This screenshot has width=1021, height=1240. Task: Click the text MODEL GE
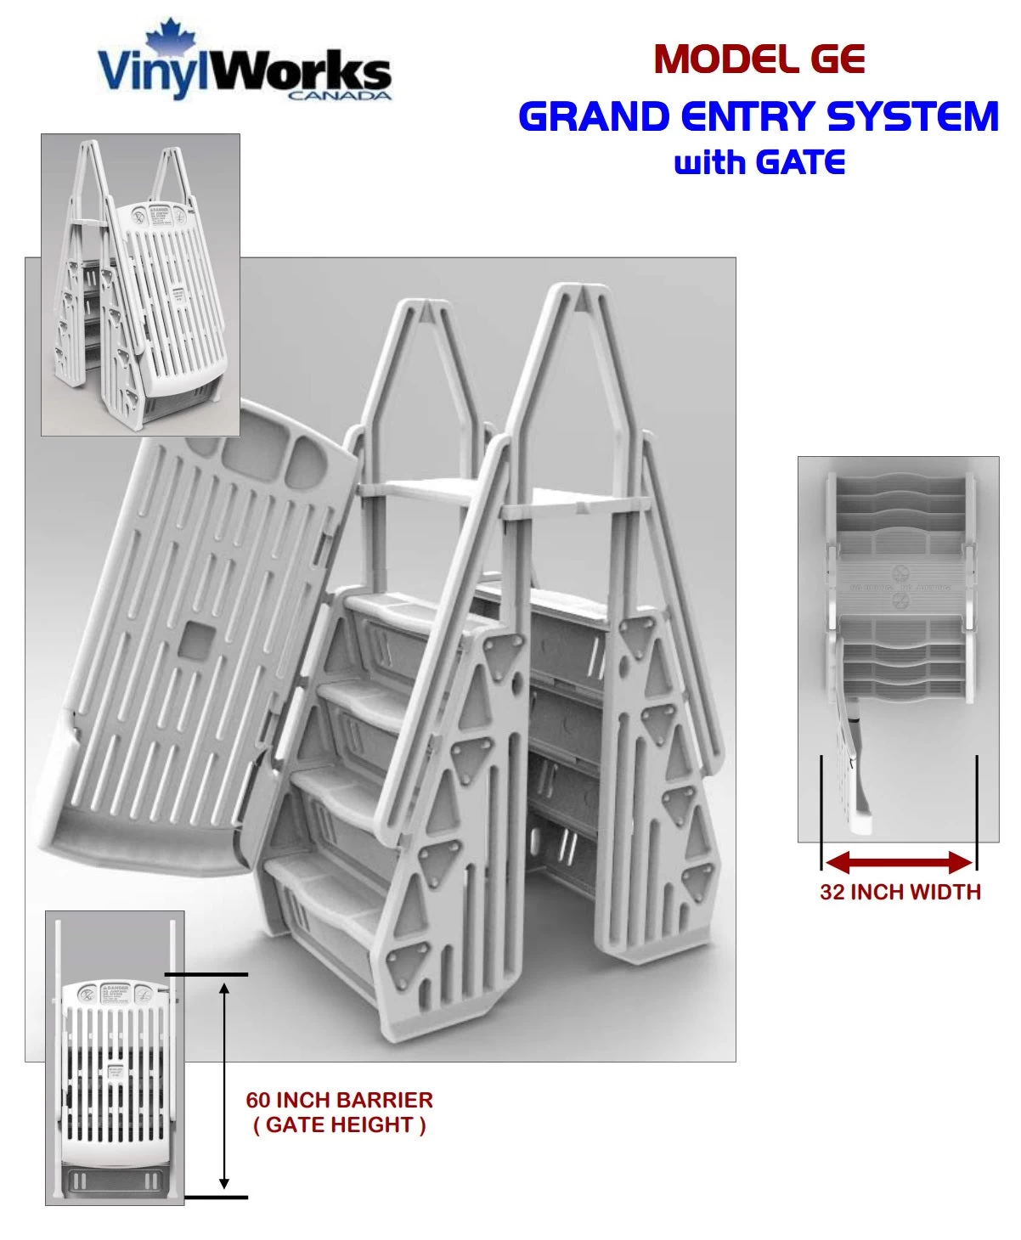759,59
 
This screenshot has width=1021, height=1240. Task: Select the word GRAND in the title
594,116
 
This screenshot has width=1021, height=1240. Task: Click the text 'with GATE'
759,161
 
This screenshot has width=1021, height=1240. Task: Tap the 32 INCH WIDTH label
900,892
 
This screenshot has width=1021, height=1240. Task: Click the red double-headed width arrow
899,864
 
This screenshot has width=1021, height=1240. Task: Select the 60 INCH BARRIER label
339,1100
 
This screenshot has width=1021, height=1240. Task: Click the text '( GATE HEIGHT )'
339,1124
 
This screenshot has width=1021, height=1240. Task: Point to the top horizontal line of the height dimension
206,974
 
